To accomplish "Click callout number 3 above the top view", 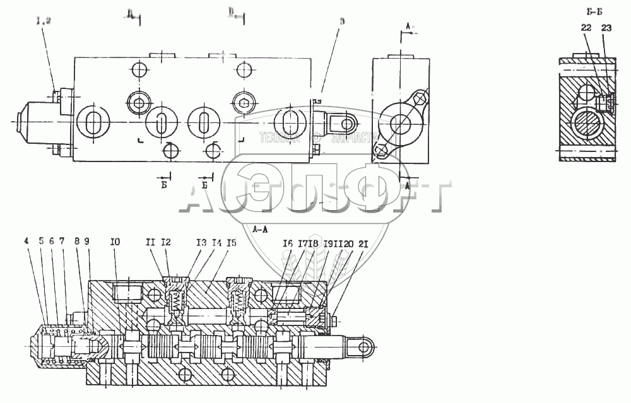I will [341, 20].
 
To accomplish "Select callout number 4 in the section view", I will [26, 240].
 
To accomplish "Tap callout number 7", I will [62, 240].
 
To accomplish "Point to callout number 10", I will [114, 240].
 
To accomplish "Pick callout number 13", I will [201, 240].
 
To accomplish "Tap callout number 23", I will [606, 27].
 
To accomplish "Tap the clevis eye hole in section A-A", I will [363, 347].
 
